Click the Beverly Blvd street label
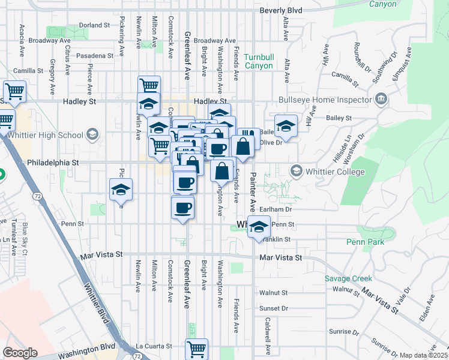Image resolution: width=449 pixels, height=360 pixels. point(280,11)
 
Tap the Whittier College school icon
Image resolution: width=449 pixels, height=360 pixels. point(296,172)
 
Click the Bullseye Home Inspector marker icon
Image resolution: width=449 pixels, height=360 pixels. point(381,99)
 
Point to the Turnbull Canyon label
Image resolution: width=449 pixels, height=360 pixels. point(259,61)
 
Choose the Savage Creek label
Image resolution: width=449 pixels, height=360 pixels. point(348,278)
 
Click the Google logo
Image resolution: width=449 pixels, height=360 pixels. point(20,353)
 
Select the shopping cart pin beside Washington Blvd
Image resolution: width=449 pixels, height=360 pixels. point(197,348)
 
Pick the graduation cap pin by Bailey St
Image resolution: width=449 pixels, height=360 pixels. point(286,126)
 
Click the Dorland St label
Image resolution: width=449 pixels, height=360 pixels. point(94,25)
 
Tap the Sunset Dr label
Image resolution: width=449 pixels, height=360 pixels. point(274,308)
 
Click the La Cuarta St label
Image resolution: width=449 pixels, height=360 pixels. point(154,346)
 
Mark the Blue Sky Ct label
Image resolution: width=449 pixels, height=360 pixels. point(25,239)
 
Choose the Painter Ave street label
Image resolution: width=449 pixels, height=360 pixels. point(253,193)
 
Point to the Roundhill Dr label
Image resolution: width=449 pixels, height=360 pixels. point(361,57)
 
